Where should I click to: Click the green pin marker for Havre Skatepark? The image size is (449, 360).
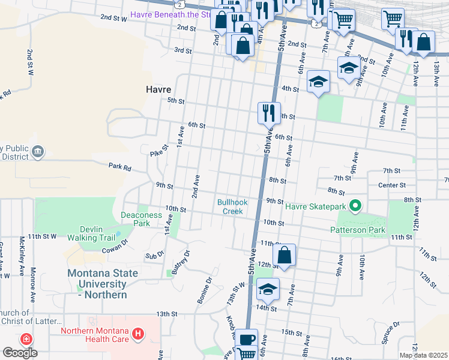[355, 207]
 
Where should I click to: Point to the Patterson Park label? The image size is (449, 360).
[357, 229]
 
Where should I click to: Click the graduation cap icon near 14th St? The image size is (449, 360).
[268, 289]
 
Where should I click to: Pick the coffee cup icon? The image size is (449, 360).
[246, 339]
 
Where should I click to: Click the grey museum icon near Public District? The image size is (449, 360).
[38, 151]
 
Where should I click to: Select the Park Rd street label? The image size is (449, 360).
[119, 166]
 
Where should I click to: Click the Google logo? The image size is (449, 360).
[20, 353]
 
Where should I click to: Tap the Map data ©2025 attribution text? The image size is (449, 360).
[423, 355]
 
